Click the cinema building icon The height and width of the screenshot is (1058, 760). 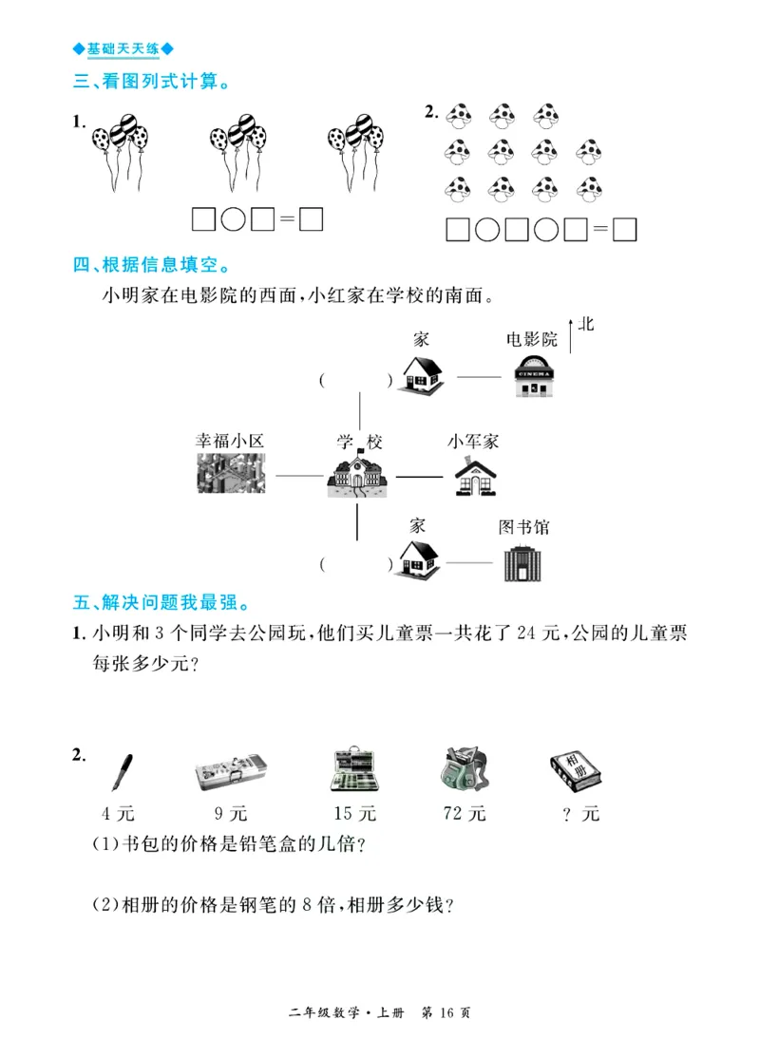point(539,376)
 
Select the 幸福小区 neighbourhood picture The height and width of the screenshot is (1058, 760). point(231,473)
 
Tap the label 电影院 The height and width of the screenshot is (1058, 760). point(531,339)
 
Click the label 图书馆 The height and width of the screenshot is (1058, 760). point(524,526)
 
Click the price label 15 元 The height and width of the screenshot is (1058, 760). point(355,814)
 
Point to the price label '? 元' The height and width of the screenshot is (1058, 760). point(580,814)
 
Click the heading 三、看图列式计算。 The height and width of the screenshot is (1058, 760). point(152,83)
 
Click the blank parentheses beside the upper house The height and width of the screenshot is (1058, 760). point(356,381)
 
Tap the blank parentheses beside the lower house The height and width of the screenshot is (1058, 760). point(356,565)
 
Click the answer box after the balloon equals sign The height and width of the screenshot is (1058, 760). point(311,219)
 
